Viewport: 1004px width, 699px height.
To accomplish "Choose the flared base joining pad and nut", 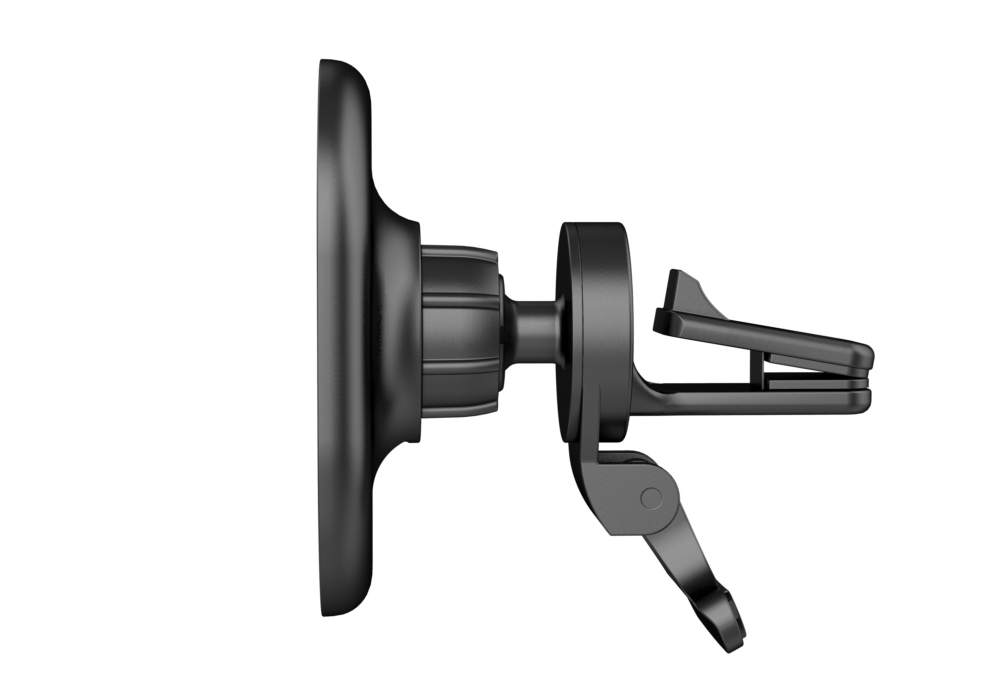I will click(396, 332).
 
